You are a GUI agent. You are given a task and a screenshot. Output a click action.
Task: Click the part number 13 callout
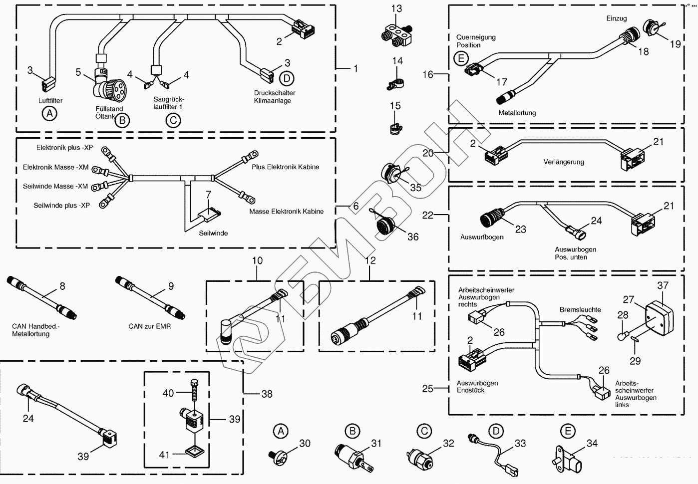tap(396, 8)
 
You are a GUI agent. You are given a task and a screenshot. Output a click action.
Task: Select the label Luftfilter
tap(50, 101)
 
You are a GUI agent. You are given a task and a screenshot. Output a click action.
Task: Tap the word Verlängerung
tap(564, 162)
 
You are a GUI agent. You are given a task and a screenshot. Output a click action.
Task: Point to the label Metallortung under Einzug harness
tap(517, 113)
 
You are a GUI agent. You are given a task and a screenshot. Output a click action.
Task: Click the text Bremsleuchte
tap(580, 310)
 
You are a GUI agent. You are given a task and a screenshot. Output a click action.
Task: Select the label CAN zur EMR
tap(149, 326)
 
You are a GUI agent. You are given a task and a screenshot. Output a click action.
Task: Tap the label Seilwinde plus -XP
tap(61, 206)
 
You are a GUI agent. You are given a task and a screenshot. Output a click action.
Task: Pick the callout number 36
tap(413, 237)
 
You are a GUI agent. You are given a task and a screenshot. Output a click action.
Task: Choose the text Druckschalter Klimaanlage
tap(274, 97)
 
